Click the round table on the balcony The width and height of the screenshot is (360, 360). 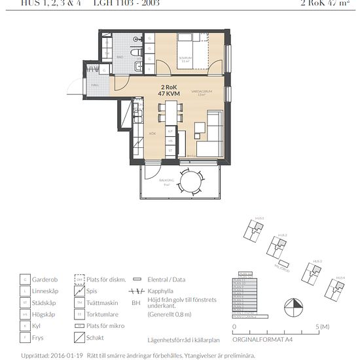192,180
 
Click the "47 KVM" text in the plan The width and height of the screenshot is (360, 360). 170,94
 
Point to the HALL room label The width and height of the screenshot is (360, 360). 95,85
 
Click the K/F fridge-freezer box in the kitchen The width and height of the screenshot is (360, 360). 170,131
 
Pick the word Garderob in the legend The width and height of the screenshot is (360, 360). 45,279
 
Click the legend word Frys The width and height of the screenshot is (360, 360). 38,338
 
